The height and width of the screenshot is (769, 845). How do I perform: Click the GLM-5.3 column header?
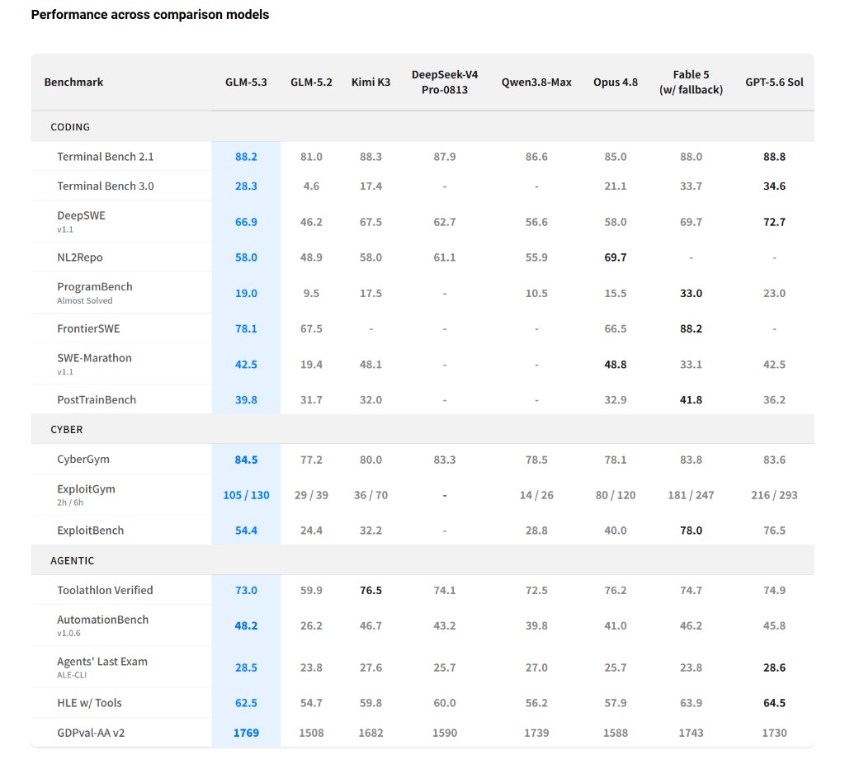pos(246,82)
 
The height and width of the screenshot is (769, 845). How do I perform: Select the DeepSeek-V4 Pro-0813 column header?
pos(445,82)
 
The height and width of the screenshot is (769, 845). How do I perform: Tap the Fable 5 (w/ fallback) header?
pos(691,82)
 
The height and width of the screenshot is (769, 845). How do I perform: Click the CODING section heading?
pos(70,126)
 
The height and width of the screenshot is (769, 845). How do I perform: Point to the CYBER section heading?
pos(67,430)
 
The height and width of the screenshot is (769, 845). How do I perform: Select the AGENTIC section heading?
pos(73,560)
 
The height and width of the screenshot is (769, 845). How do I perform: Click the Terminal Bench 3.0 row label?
pos(106,186)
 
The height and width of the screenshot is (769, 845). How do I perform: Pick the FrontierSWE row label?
pos(88,328)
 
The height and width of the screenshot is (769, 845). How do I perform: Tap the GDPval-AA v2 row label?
pos(91,733)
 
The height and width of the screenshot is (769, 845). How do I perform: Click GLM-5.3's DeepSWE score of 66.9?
pos(246,222)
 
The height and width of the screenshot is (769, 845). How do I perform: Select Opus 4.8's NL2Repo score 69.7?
pos(616,257)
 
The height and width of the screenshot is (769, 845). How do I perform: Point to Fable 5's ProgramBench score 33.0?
pos(691,293)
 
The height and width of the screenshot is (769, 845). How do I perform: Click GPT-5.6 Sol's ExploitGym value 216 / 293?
pos(774,495)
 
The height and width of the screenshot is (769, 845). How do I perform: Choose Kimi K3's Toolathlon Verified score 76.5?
pos(371,590)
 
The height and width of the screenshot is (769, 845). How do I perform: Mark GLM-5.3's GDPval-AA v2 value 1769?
pos(246,733)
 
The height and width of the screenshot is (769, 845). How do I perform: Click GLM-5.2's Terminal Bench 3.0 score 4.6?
pos(311,186)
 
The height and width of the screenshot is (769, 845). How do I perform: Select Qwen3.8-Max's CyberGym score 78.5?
pos(536,460)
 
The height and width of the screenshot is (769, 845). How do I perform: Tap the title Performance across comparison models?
pos(150,15)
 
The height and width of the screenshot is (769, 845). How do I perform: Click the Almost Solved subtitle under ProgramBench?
pos(85,300)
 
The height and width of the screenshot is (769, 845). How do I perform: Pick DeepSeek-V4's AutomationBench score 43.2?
pos(445,625)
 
